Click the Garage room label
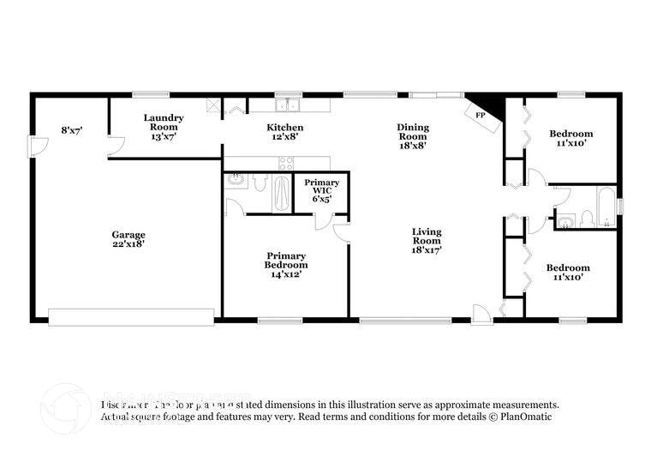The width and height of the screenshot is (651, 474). pos(128,234)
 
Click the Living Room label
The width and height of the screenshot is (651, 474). pos(427,236)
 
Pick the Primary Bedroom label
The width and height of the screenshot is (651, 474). pos(286,260)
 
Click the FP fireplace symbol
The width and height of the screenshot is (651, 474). pos(481,116)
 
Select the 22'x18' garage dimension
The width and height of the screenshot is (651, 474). pos(128,244)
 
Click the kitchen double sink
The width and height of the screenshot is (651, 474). pos(287,105)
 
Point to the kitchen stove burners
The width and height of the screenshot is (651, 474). pos(286,161)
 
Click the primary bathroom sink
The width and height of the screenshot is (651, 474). pos(236,182)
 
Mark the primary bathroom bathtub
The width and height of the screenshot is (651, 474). pos(282,192)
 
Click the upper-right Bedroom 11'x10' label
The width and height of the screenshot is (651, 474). pos(570,139)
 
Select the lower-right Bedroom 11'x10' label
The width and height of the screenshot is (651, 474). pos(568,273)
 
